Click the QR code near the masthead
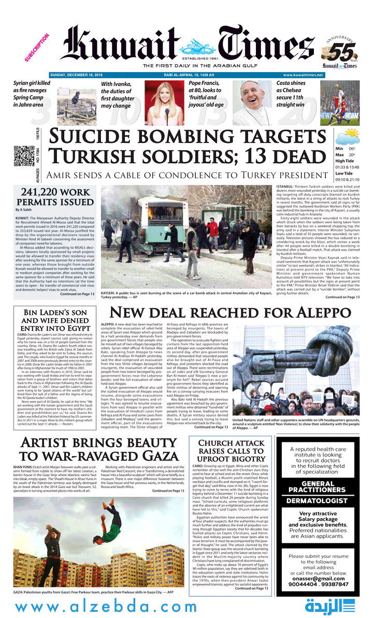tap(22, 156)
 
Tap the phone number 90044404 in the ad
tap(305, 584)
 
